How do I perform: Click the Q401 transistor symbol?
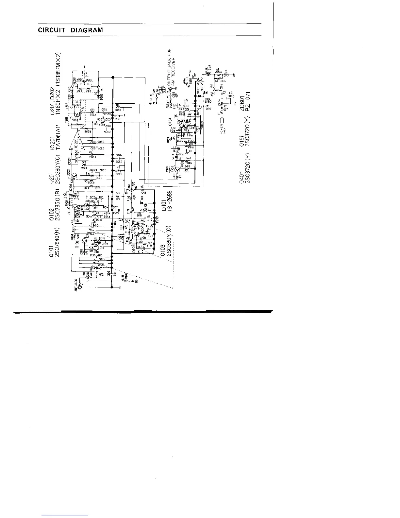point(177,170)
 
